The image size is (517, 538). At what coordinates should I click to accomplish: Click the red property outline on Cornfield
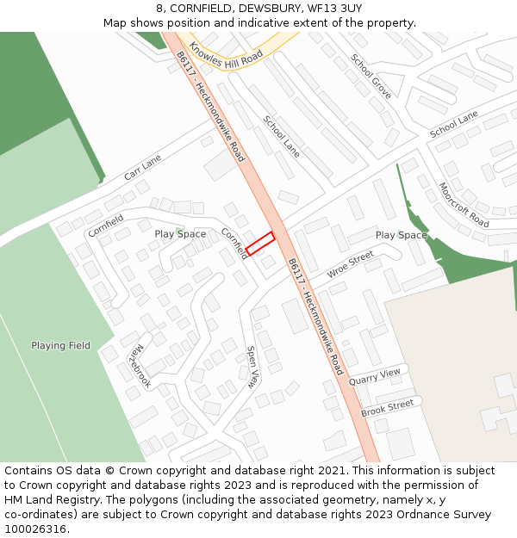259,243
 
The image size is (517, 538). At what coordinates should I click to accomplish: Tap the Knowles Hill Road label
225,54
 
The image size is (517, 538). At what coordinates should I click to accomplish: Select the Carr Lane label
142,167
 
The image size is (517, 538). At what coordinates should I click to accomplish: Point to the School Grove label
371,76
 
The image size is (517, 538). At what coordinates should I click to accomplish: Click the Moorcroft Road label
464,205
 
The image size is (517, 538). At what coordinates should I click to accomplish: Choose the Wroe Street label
351,264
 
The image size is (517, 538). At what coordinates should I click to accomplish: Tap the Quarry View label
375,375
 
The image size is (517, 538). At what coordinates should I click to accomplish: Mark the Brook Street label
387,407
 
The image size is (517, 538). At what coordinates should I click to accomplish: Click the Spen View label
252,368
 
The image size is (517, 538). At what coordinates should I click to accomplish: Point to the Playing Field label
60,346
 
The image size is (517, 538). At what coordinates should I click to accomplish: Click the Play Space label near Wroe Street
401,235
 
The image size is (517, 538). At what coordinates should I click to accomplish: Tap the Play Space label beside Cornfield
180,234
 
